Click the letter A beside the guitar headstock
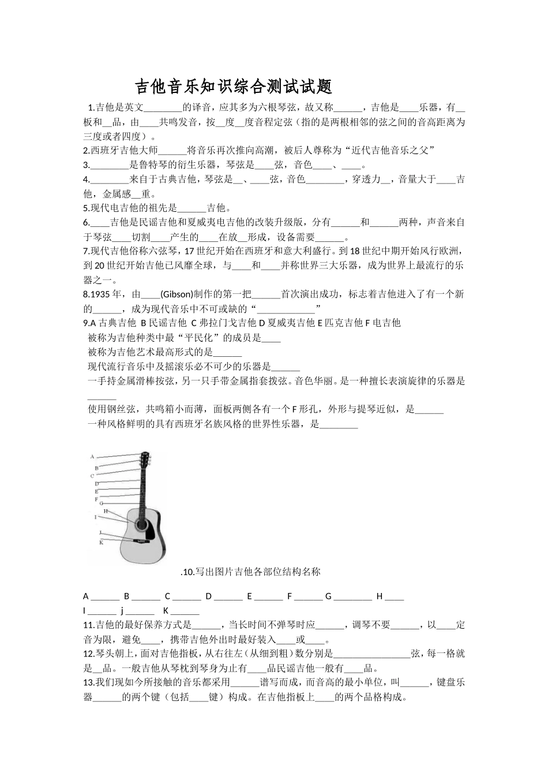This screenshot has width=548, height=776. pyautogui.click(x=92, y=457)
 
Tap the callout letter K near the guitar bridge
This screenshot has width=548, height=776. pyautogui.click(x=101, y=542)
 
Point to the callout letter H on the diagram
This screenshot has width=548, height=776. pyautogui.click(x=106, y=511)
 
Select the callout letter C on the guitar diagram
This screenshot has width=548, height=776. pyautogui.click(x=92, y=476)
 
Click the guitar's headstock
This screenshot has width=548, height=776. pyautogui.click(x=147, y=461)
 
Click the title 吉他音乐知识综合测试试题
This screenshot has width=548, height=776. pyautogui.click(x=234, y=87)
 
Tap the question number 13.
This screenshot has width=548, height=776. pyautogui.click(x=89, y=682)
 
